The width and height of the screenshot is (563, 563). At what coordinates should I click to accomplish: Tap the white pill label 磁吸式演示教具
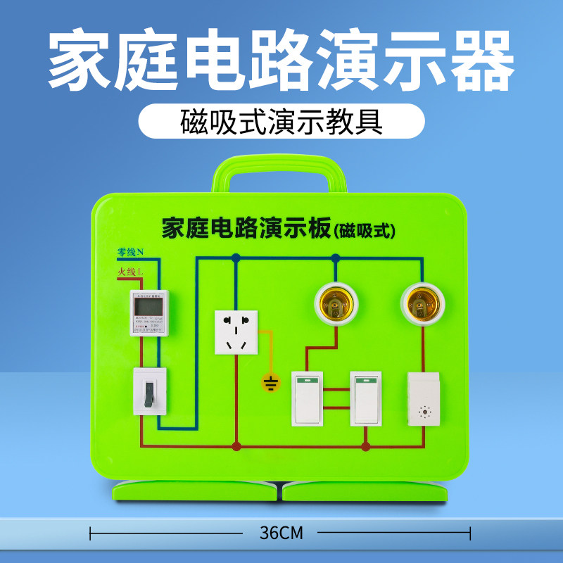281,121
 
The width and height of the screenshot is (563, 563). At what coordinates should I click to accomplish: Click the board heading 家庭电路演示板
246,229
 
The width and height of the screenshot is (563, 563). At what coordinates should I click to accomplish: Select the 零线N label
130,252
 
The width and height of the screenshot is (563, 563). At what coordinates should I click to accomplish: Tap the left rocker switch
307,398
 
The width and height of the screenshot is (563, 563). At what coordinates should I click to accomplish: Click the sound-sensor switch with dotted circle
424,398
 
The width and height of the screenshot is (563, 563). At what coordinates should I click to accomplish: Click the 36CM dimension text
281,533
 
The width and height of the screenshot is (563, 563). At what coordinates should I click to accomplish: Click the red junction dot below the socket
236,446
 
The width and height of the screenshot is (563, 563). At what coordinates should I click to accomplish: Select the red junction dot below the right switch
365,446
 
